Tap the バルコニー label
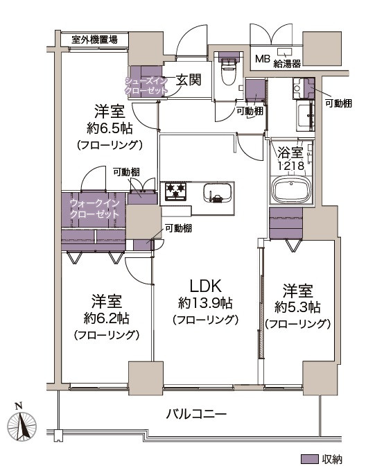[x=196, y=415]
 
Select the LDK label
[x=205, y=285]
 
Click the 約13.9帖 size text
[x=205, y=303]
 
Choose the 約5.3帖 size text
[x=297, y=306]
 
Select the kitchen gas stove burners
[x=174, y=189]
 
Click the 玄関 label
[x=187, y=80]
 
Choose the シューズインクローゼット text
[x=146, y=85]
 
